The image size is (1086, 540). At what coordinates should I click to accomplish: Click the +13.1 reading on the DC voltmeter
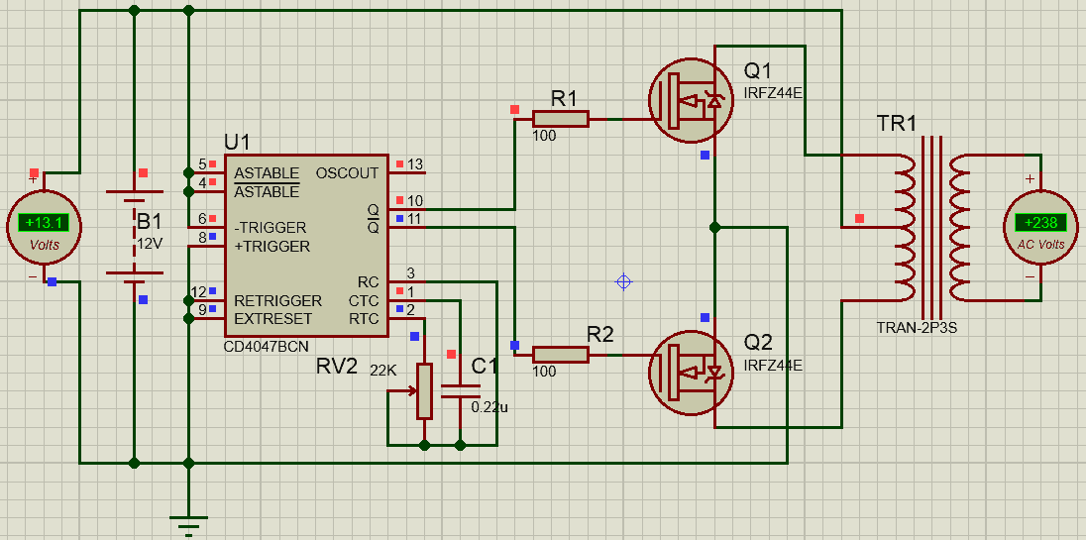tap(44, 221)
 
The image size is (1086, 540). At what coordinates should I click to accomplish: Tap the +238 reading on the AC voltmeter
tap(1040, 223)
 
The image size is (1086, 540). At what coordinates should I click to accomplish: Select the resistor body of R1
tap(560, 119)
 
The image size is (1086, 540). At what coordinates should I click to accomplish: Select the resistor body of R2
tap(560, 354)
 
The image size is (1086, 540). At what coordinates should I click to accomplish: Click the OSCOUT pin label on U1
tap(347, 173)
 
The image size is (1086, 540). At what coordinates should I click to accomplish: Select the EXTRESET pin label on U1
tap(272, 319)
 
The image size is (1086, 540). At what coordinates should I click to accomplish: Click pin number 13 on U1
tap(414, 164)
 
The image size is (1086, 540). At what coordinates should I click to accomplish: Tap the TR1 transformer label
tap(897, 124)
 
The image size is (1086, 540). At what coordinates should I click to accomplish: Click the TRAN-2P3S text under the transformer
tap(917, 328)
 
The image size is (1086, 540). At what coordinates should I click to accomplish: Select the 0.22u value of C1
tap(489, 406)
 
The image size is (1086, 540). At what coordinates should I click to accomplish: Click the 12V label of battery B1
tap(150, 243)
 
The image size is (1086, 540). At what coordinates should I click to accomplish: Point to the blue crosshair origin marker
tap(623, 281)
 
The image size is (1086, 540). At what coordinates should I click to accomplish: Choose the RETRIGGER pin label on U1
tap(277, 300)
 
